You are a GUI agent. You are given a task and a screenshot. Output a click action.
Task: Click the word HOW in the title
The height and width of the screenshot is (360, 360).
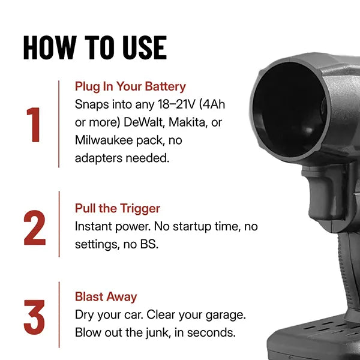50,48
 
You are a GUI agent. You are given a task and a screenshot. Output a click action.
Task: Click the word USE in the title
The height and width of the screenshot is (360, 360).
145,48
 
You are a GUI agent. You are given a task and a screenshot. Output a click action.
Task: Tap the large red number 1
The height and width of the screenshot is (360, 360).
34,124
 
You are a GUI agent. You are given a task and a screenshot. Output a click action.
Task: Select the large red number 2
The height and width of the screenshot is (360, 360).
35,227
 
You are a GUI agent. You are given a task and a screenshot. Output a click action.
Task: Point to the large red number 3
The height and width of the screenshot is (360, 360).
34,317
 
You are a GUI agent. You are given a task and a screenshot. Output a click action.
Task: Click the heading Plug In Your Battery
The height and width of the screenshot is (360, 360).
130,86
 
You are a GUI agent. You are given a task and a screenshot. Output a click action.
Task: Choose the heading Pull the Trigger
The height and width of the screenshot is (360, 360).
118,208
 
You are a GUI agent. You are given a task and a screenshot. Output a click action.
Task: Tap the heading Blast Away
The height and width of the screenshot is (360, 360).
106,296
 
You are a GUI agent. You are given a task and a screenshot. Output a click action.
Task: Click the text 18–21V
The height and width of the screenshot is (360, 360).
176,104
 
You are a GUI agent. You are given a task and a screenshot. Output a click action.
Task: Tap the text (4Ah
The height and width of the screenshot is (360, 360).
212,104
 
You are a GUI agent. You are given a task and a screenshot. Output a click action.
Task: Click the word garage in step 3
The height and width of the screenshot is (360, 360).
226,315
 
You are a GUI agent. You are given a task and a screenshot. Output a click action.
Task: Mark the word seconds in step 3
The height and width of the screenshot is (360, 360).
211,332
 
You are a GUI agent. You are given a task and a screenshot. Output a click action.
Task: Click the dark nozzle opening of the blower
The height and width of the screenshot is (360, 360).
289,110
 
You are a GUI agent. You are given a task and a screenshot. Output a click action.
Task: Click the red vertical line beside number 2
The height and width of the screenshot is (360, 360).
59,224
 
